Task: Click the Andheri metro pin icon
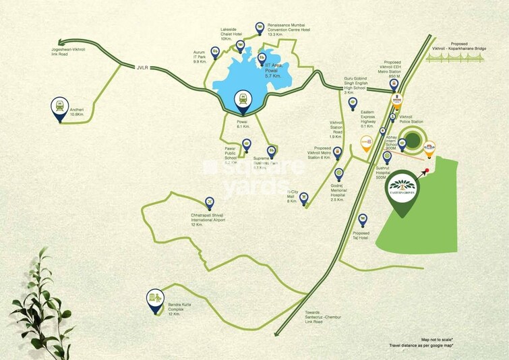pyautogui.click(x=59, y=107)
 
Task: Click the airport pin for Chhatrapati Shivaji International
pyautogui.click(x=209, y=202)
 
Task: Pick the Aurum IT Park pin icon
pyautogui.click(x=215, y=51)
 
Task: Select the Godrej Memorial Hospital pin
pyautogui.click(x=338, y=175)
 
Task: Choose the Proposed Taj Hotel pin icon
pyautogui.click(x=363, y=220)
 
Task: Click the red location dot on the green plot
pyautogui.click(x=427, y=171)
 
